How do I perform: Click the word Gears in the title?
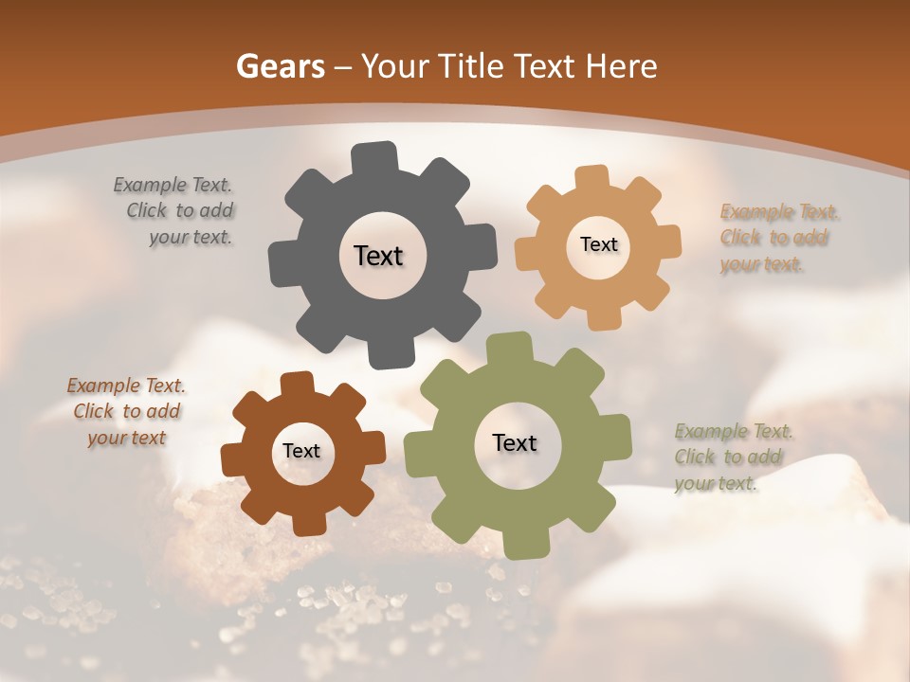click(x=280, y=66)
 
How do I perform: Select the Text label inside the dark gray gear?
click(x=378, y=256)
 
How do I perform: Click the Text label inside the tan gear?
click(x=598, y=244)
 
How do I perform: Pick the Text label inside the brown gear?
click(x=301, y=452)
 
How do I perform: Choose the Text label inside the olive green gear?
click(x=515, y=442)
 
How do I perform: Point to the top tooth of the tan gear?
click(x=592, y=178)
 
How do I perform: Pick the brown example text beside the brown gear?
click(x=126, y=411)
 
